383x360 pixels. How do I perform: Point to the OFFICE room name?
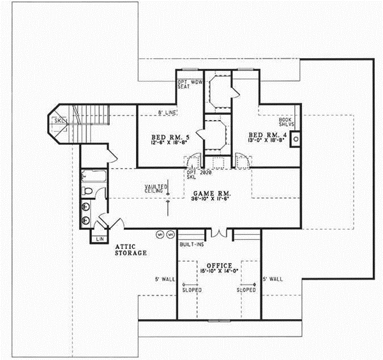pos(219,265)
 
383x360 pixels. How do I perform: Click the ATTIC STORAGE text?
pos(131,250)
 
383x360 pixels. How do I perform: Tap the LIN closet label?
pos(99,239)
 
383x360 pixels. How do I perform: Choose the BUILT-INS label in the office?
pos(191,244)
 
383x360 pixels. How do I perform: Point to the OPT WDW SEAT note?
pos(189,84)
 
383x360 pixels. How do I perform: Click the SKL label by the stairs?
pos(59,120)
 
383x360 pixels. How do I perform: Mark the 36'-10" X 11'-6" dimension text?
pos(211,199)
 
